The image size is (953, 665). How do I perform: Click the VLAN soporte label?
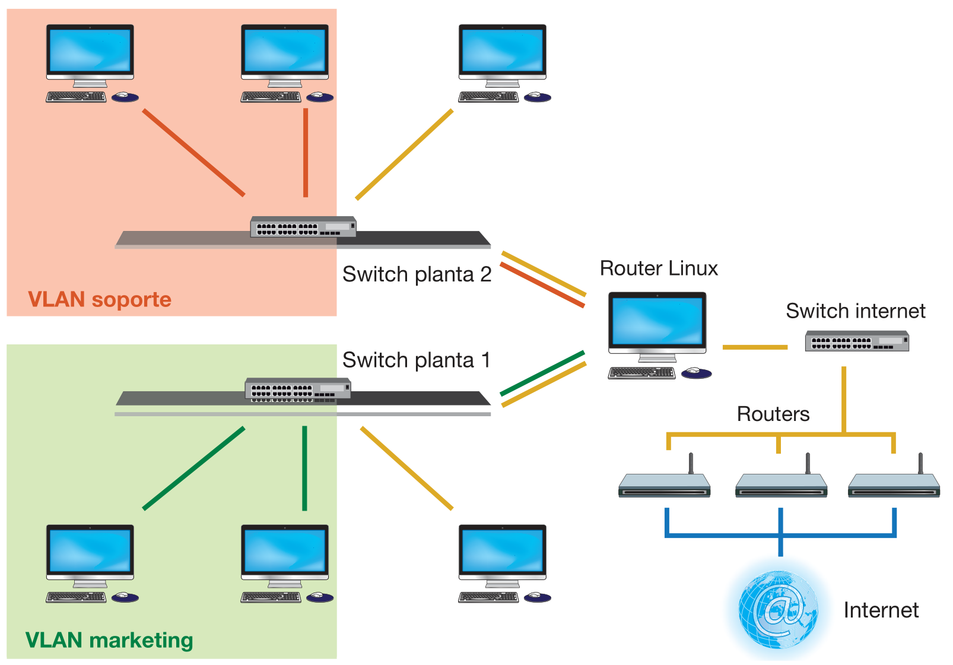click(x=100, y=299)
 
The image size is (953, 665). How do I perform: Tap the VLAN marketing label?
click(x=109, y=640)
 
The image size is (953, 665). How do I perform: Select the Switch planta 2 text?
click(x=417, y=274)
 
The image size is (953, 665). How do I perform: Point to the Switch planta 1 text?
click(x=416, y=360)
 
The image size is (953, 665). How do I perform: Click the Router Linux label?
click(x=659, y=268)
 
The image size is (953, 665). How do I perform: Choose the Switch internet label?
click(x=855, y=311)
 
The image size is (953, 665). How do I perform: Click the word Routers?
click(x=773, y=414)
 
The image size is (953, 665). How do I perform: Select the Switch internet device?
click(x=856, y=341)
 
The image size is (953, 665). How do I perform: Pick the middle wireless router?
click(x=781, y=484)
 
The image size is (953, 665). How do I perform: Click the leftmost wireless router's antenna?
click(x=691, y=463)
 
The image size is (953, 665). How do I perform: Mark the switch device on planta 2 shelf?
click(x=303, y=227)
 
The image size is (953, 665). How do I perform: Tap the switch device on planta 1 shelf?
click(x=298, y=389)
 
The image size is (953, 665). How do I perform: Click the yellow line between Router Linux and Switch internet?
click(x=754, y=347)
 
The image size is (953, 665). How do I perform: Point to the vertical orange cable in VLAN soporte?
click(x=306, y=152)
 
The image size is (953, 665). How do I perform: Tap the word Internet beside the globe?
click(x=881, y=610)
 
